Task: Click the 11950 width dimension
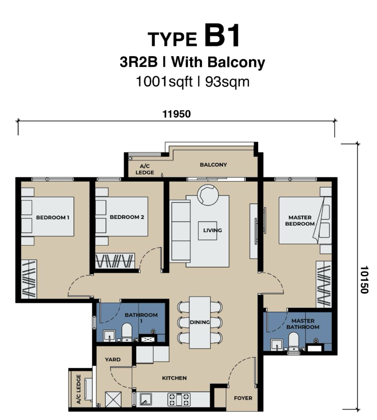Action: point(176,114)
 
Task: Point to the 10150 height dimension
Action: point(364,280)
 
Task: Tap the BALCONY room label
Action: point(213,165)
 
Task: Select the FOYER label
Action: point(243,398)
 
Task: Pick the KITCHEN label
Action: point(174,378)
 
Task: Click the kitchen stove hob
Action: point(179,399)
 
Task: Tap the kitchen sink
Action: point(146,399)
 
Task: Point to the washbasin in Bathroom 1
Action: point(109,336)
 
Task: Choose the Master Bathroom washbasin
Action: point(277,345)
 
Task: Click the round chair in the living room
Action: point(208,195)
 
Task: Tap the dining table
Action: point(200,323)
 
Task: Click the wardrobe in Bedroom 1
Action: point(29,279)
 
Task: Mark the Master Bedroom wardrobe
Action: point(324,284)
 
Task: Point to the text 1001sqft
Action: point(164,82)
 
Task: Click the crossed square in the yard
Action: point(113,399)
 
